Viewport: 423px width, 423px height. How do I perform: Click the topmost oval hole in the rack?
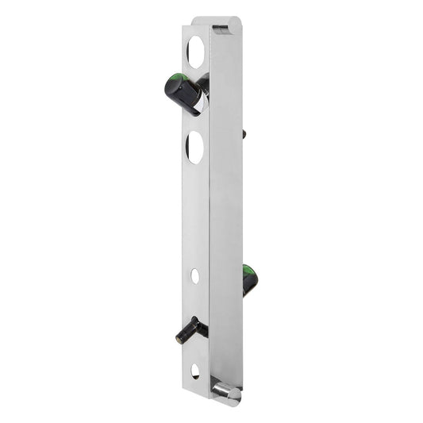point(195,51)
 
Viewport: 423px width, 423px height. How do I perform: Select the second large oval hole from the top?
point(195,148)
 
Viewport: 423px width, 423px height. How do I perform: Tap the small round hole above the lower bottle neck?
point(195,276)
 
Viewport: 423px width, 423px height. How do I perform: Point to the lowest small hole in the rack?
point(195,371)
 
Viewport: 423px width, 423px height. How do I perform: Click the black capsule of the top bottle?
point(183,92)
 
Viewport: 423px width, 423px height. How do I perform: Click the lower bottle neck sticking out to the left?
point(191,329)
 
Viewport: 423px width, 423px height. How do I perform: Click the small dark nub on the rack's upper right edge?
point(244,134)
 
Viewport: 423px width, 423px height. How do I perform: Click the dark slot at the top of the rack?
point(220,29)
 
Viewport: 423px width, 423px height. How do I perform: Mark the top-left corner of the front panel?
point(183,27)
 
